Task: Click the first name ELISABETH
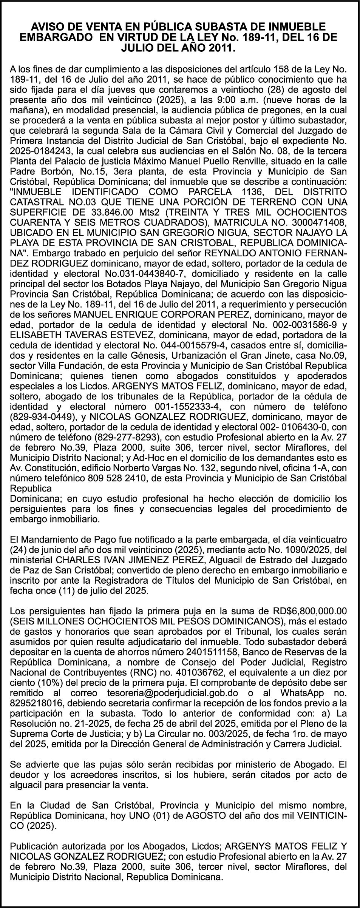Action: [36, 335]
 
